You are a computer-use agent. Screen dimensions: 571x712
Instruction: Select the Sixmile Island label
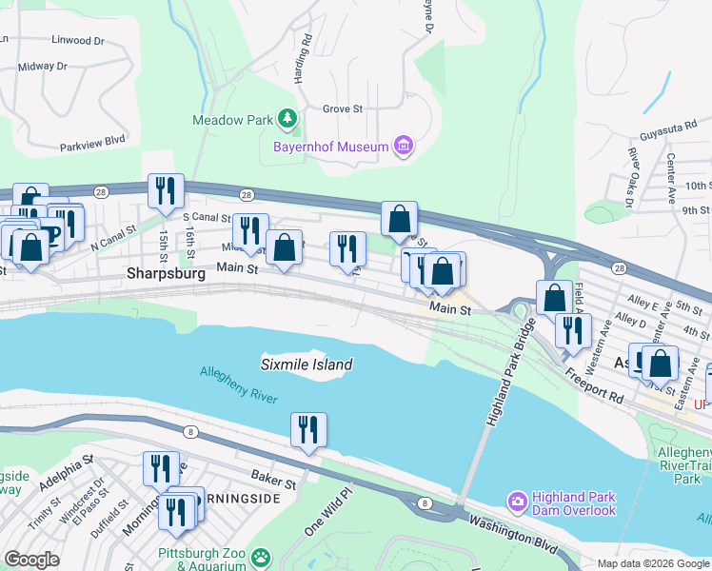307,364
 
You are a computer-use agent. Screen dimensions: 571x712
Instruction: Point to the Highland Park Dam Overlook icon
518,501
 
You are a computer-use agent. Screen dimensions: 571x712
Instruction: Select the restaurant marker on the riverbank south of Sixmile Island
308,429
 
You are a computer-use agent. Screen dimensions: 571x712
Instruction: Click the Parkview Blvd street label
93,139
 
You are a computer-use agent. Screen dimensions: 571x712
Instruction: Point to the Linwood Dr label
79,41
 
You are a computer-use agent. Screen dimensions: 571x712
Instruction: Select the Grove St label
343,109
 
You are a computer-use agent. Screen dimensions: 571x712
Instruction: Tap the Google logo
31,559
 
